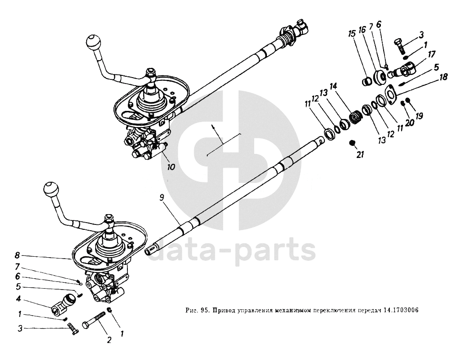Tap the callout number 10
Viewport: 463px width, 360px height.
[x=171, y=167]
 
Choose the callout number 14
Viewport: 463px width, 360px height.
[x=332, y=86]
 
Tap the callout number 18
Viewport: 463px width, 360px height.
[x=443, y=77]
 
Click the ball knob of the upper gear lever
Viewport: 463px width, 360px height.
[x=95, y=43]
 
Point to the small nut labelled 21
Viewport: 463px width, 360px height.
[x=353, y=143]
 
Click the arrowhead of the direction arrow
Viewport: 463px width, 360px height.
[x=214, y=128]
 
